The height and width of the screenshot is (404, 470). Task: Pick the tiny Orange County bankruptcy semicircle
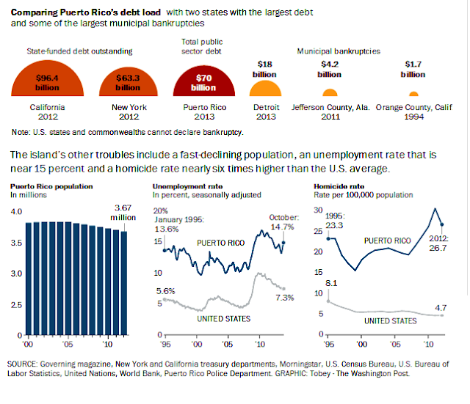click(x=413, y=95)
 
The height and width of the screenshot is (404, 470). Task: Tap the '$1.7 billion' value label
click(x=413, y=69)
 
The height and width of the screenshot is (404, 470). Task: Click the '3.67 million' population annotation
click(x=122, y=213)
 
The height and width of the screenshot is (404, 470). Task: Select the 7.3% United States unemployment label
click(x=285, y=298)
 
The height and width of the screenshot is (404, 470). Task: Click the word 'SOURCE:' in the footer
click(x=26, y=364)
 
